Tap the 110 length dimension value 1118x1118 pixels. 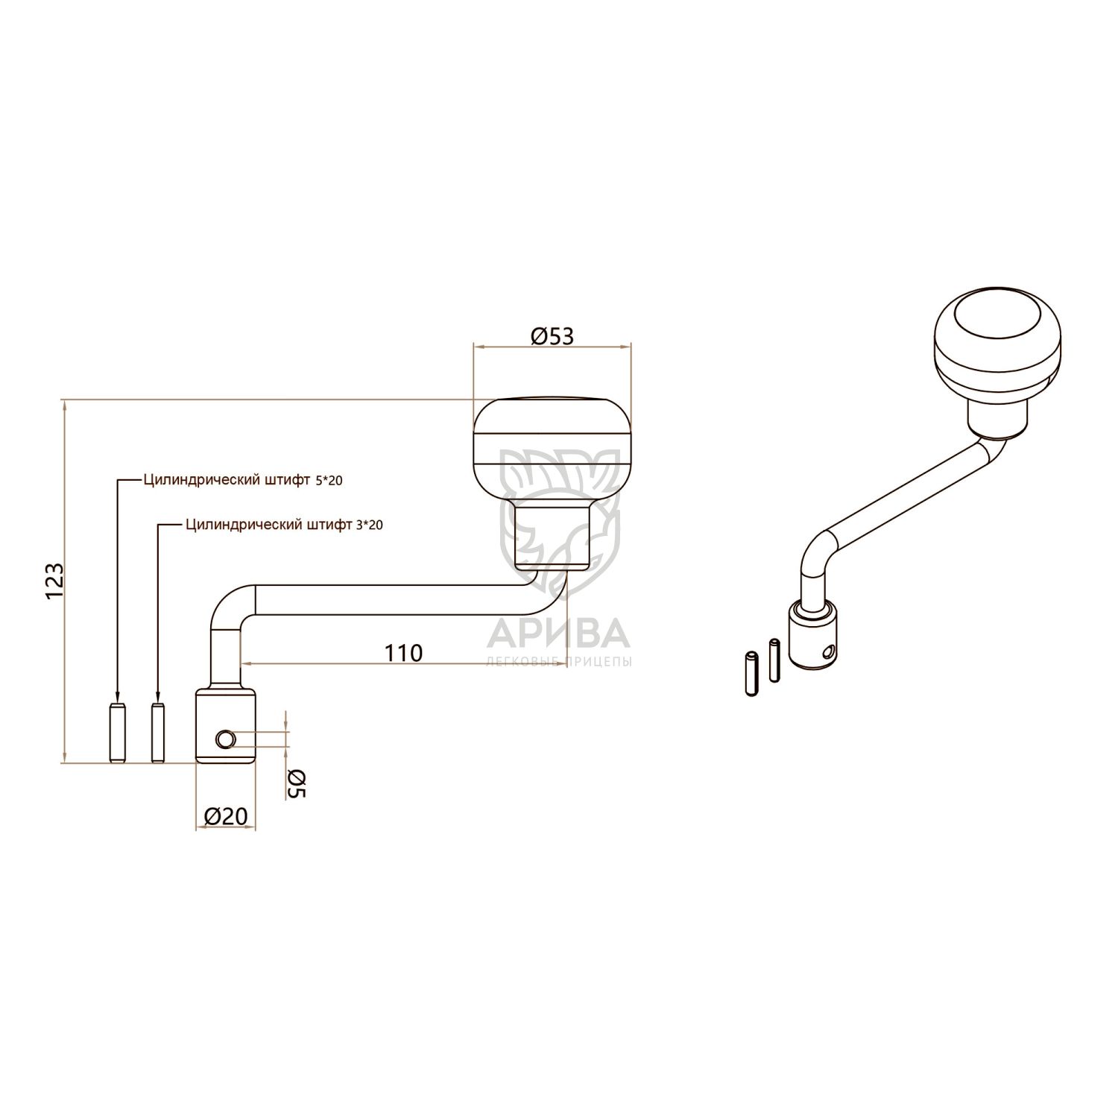pyautogui.click(x=403, y=653)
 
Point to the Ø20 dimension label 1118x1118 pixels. pyautogui.click(x=225, y=816)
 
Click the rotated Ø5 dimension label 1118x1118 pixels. pyautogui.click(x=297, y=783)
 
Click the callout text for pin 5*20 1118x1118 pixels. pyautogui.click(x=243, y=481)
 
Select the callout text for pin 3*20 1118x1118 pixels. pyautogui.click(x=284, y=525)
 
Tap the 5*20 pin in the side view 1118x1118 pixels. pyautogui.click(x=117, y=733)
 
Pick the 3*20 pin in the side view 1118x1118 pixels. pyautogui.click(x=157, y=733)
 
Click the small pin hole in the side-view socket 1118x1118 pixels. pyautogui.click(x=225, y=739)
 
